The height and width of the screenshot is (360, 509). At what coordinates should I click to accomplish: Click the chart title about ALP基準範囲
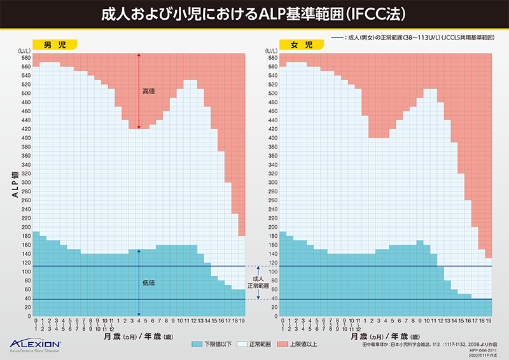pos(254,13)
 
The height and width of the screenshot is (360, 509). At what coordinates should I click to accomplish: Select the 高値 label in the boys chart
pos(148,92)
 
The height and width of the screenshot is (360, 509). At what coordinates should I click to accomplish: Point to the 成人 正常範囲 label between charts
pos(258,282)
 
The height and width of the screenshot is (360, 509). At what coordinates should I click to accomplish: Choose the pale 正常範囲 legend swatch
pos(242,343)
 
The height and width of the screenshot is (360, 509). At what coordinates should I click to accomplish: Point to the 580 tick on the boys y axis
pos(25,57)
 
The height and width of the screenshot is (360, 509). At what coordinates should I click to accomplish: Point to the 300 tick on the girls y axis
pos(272,183)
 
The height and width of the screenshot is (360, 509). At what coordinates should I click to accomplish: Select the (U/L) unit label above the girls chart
pos(270,50)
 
